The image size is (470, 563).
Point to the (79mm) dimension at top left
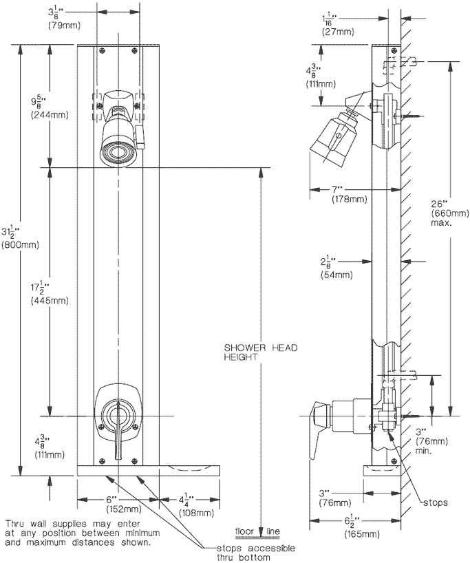[x=60, y=25]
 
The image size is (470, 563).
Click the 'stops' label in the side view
[x=434, y=503]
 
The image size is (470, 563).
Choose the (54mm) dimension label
[x=337, y=275]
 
